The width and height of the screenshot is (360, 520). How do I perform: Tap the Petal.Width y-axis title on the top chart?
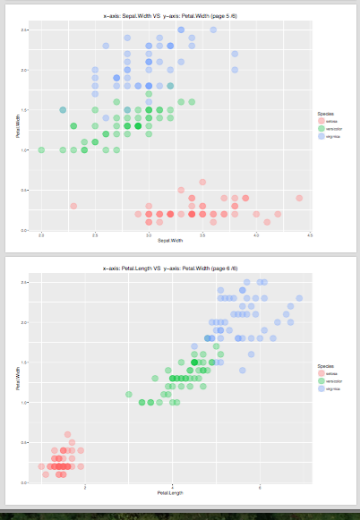17,125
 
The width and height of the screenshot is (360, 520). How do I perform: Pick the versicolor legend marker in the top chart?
321,129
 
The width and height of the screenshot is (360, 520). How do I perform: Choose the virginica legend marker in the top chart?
321,137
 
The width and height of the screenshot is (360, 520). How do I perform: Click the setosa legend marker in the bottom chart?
321,373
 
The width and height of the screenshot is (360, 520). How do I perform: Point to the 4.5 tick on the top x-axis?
310,234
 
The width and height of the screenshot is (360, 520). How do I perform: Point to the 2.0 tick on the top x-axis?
41,234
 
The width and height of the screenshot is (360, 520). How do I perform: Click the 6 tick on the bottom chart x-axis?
260,487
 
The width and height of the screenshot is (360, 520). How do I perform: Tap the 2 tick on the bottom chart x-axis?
84,487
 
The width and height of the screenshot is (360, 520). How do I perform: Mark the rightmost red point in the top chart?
299,198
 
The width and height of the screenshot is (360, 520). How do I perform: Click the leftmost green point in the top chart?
41,149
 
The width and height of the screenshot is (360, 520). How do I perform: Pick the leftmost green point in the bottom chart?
128,394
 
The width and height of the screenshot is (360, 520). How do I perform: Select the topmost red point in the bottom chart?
67,434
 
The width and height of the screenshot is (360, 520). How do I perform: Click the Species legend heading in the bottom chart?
325,365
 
